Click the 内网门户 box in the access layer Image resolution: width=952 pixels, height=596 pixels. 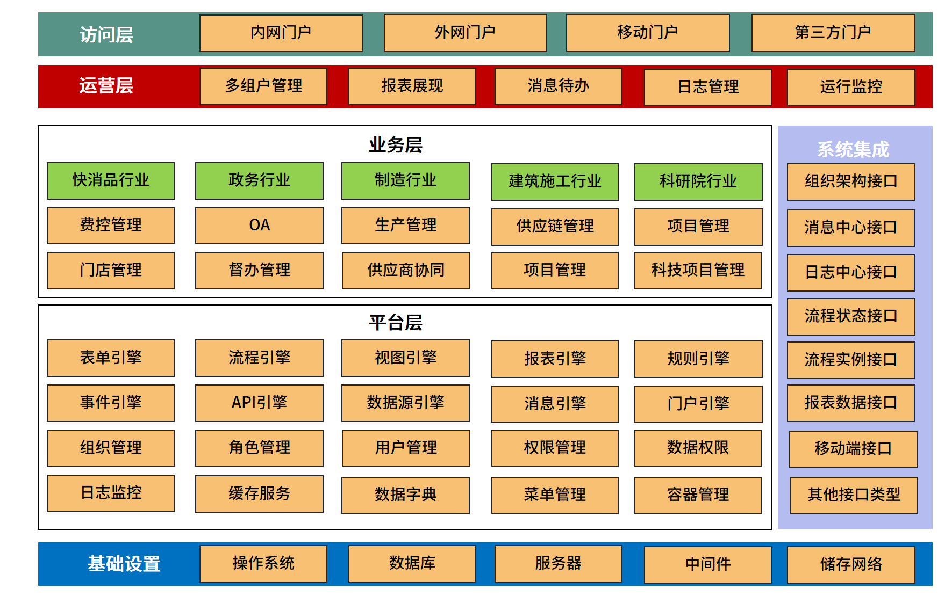(281, 33)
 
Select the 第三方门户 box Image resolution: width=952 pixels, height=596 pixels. (833, 33)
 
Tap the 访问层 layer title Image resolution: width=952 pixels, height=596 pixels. (106, 35)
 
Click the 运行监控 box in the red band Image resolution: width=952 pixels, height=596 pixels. (850, 87)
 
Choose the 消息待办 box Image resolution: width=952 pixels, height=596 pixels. (558, 86)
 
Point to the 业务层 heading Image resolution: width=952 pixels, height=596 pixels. (396, 145)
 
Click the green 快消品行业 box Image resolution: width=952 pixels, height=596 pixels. (111, 181)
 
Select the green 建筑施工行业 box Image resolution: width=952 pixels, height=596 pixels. (555, 182)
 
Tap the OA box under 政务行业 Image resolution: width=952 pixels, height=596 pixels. (259, 226)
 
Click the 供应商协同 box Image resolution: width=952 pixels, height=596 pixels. (406, 271)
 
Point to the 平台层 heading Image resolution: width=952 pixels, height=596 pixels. (396, 323)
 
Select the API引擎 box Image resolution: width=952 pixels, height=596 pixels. (259, 403)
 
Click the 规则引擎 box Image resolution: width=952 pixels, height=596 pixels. (698, 359)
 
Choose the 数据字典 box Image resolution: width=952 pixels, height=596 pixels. (405, 495)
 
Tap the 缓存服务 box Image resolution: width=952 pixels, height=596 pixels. (259, 494)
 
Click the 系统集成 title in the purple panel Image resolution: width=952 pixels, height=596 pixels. (853, 149)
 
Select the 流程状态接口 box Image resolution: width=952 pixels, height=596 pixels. (850, 317)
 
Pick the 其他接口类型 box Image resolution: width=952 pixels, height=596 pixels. (854, 495)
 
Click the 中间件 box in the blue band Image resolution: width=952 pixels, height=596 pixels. (707, 564)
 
